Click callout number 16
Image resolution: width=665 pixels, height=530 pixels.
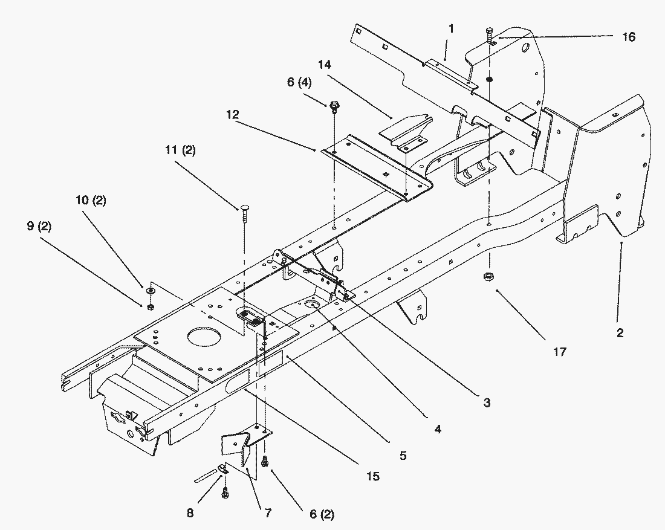point(629,37)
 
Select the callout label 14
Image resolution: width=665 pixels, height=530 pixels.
point(324,65)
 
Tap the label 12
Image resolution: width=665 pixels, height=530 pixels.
point(232,114)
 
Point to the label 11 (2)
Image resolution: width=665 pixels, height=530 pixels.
point(181,150)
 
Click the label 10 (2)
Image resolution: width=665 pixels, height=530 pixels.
point(91,199)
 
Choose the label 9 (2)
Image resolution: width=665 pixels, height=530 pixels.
point(39,226)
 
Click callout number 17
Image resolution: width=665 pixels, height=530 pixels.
point(559,352)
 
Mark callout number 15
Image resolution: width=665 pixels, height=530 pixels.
point(373,476)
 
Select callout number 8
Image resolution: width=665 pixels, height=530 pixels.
point(190,513)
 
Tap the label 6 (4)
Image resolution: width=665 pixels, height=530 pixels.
point(299,82)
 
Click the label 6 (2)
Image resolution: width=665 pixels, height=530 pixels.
point(322,514)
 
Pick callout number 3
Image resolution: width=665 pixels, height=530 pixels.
point(487,402)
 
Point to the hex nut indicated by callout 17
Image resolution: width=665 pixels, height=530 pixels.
point(488,277)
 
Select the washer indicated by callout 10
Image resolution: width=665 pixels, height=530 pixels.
point(150,291)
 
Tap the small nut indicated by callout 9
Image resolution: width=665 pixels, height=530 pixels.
point(150,306)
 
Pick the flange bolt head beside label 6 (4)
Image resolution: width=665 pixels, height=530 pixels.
point(334,105)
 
